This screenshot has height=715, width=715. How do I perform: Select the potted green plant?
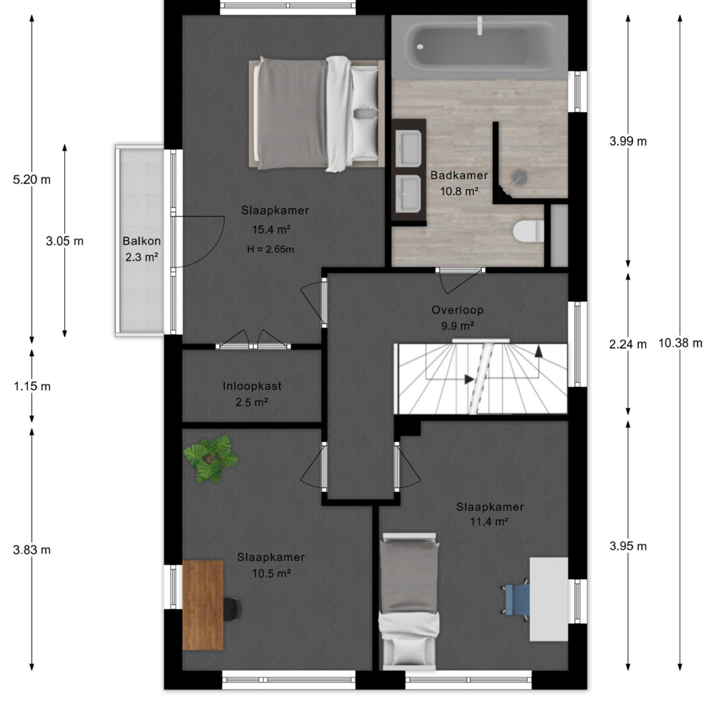[210, 459]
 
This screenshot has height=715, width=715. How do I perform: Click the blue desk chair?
[516, 600]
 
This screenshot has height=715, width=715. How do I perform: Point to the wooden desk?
[202, 605]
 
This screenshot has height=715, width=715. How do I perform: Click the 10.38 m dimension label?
[680, 344]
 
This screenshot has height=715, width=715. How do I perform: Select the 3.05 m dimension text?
[65, 241]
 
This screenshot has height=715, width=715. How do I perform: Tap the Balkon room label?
[142, 241]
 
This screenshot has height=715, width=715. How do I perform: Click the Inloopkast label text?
[252, 386]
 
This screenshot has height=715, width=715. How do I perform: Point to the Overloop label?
[458, 310]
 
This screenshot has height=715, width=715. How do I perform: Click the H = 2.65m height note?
[270, 250]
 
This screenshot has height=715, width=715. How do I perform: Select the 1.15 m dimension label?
[32, 386]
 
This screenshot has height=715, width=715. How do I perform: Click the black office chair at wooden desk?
[232, 609]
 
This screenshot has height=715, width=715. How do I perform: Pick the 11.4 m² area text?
[489, 522]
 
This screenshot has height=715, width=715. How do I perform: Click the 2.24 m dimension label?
[628, 344]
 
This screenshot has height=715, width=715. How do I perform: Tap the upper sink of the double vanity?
[408, 148]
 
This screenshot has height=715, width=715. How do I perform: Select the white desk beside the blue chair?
[549, 600]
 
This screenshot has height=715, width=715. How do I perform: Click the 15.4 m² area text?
[271, 229]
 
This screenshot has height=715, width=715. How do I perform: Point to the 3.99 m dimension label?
[628, 141]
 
